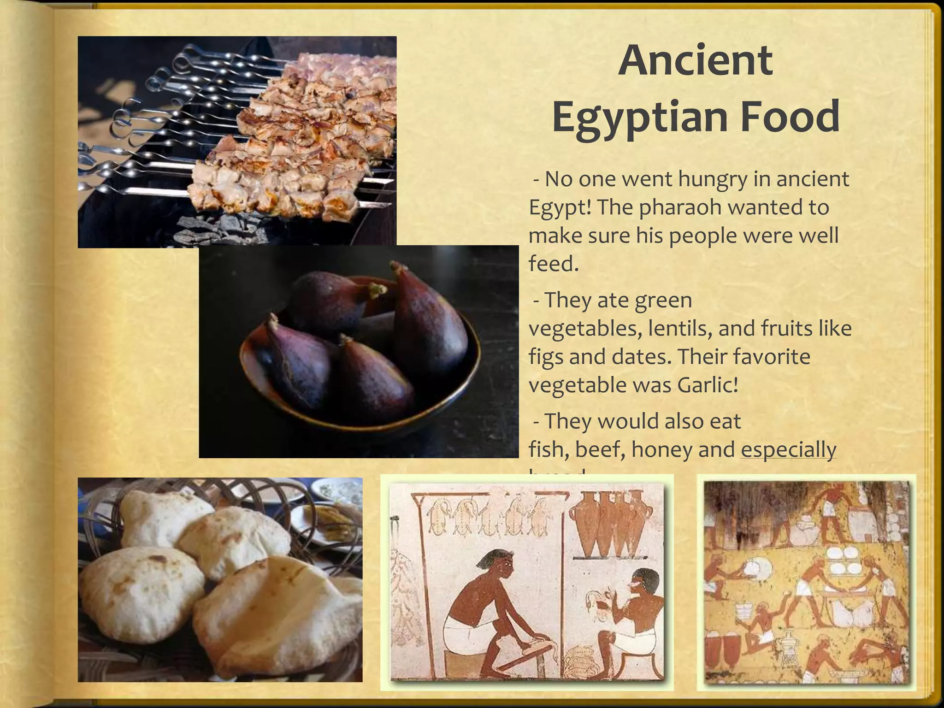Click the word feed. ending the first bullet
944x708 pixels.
(553, 264)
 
